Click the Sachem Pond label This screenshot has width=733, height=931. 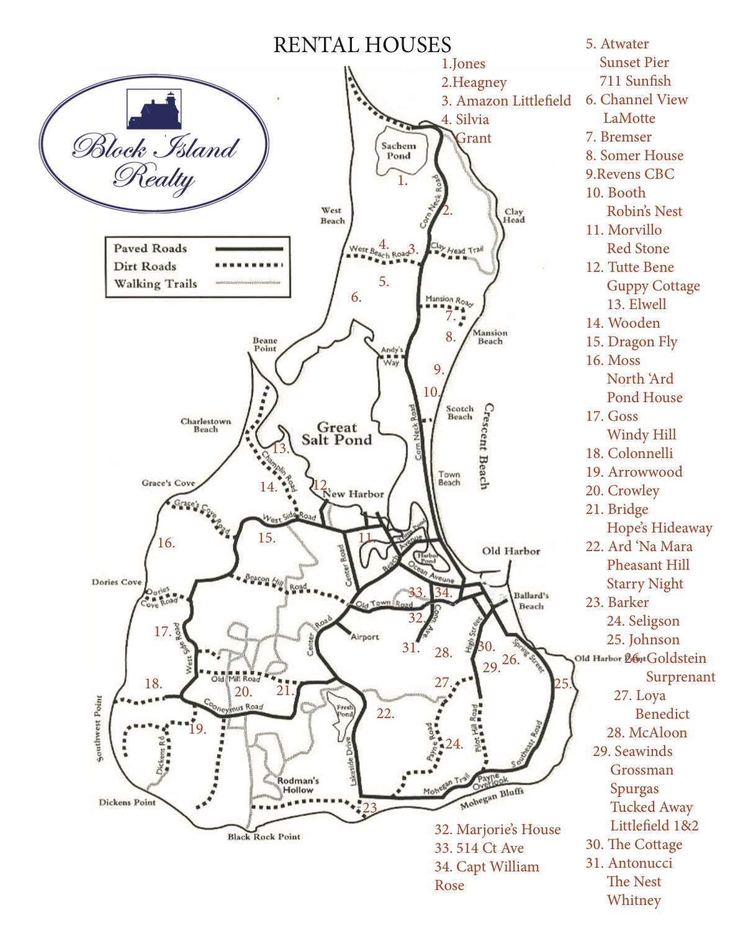click(x=398, y=151)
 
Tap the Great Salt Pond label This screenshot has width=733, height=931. click(x=336, y=434)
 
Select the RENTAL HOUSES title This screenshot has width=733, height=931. click(x=362, y=45)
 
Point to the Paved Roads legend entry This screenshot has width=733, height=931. click(x=150, y=248)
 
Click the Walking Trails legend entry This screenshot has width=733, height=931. click(x=155, y=284)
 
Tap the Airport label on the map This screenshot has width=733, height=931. click(x=364, y=637)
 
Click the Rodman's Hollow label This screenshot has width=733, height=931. click(x=298, y=785)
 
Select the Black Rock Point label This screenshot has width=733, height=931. click(x=264, y=837)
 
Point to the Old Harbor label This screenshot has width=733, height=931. click(x=511, y=551)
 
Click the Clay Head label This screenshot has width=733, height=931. click(x=514, y=215)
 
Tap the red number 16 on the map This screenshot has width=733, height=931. click(x=166, y=543)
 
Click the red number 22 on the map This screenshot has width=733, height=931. click(x=385, y=714)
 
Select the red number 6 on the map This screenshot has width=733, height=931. click(x=356, y=297)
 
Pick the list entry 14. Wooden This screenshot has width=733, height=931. click(x=623, y=323)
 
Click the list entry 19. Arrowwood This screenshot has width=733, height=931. click(x=634, y=472)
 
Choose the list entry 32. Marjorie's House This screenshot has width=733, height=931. click(x=497, y=829)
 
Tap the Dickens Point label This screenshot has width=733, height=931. click(x=127, y=803)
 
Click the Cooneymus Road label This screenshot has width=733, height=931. click(x=234, y=706)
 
